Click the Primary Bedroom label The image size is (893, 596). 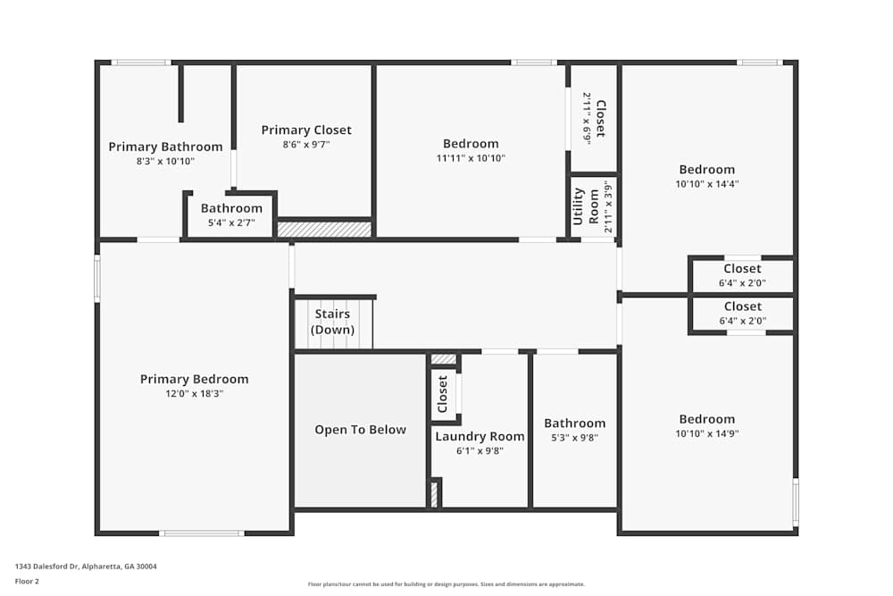194,379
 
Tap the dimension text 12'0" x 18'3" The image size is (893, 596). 194,393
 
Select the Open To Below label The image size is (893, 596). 360,430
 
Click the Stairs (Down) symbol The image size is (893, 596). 333,323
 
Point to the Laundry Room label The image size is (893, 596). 480,436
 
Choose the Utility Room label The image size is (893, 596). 579,206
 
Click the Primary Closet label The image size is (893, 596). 306,130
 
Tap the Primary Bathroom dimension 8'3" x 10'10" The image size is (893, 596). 165,162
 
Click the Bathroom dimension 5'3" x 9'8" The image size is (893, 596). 575,438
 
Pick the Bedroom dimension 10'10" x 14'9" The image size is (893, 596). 707,433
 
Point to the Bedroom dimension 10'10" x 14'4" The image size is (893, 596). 707,184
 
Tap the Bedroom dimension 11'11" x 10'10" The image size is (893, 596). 471,158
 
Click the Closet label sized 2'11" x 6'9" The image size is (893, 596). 600,119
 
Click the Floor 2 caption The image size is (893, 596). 27,581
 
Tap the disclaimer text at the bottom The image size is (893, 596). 446,584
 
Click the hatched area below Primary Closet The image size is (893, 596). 323,230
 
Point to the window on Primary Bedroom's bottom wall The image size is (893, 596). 201,533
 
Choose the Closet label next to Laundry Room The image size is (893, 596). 443,394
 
